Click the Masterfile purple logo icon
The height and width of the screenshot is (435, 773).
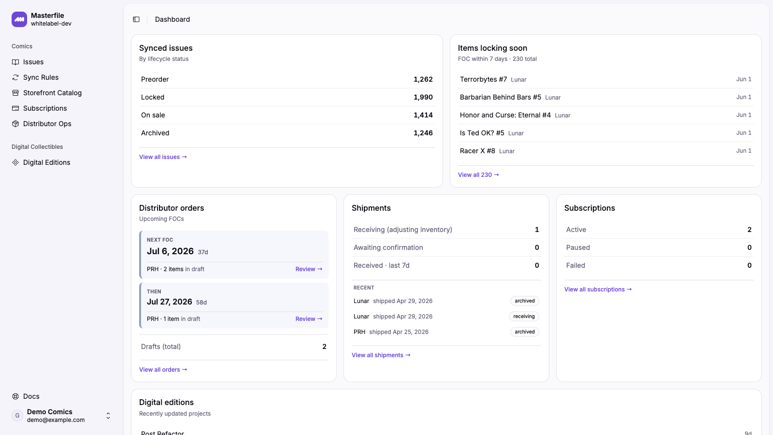[19, 19]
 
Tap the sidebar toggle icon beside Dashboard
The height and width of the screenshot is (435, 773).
[136, 19]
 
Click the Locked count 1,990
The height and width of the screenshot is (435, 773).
[423, 97]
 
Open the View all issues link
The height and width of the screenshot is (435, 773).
[163, 157]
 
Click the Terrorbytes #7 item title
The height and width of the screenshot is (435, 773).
[483, 79]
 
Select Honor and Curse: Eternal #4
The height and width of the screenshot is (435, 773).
[505, 115]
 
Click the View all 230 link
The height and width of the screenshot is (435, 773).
[478, 174]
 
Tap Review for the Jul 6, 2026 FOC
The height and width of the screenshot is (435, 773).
[309, 269]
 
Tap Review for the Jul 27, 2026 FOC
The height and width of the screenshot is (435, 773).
[309, 319]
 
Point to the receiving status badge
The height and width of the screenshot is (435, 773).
[524, 316]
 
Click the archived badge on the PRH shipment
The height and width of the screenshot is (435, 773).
[525, 332]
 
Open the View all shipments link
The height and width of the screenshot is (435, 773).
[381, 355]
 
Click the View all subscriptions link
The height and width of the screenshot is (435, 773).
[598, 290]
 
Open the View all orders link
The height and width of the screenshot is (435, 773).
[163, 369]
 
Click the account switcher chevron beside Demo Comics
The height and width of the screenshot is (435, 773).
[108, 416]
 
